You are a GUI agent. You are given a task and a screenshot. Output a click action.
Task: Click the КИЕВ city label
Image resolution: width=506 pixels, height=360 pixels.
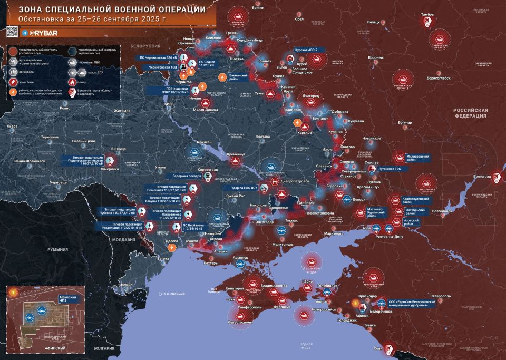pyautogui.click(x=169, y=104)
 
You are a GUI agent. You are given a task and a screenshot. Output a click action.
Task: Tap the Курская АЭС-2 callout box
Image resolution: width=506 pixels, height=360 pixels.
pyautogui.click(x=310, y=50)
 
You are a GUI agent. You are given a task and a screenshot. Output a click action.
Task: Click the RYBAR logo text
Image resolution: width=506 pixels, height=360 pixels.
pyautogui.click(x=40, y=33)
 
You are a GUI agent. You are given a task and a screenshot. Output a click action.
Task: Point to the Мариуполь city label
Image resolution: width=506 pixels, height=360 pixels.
pyautogui.click(x=331, y=233)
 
